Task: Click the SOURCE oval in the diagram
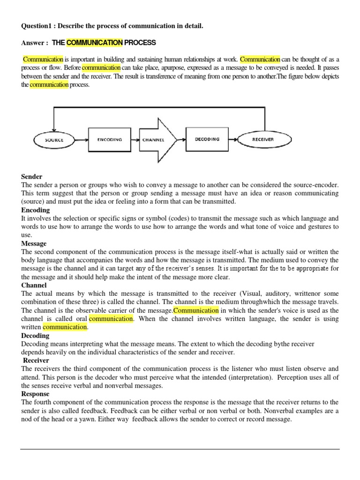pyautogui.click(x=54, y=140)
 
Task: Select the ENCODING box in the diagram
pyautogui.click(x=109, y=140)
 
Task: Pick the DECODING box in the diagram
pyautogui.click(x=207, y=139)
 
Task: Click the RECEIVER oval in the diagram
pyautogui.click(x=263, y=139)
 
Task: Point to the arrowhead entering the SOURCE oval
pyautogui.click(x=54, y=128)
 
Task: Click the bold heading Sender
pyautogui.click(x=32, y=177)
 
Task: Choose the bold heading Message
pyautogui.click(x=34, y=244)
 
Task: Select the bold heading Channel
pyautogui.click(x=34, y=285)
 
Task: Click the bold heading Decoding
pyautogui.click(x=35, y=336)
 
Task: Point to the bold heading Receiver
pyautogui.click(x=36, y=360)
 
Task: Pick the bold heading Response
pyautogui.click(x=36, y=394)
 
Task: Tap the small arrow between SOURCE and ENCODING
pyautogui.click(x=83, y=140)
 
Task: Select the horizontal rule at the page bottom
pyautogui.click(x=180, y=449)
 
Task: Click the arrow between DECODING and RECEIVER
pyautogui.click(x=235, y=139)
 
